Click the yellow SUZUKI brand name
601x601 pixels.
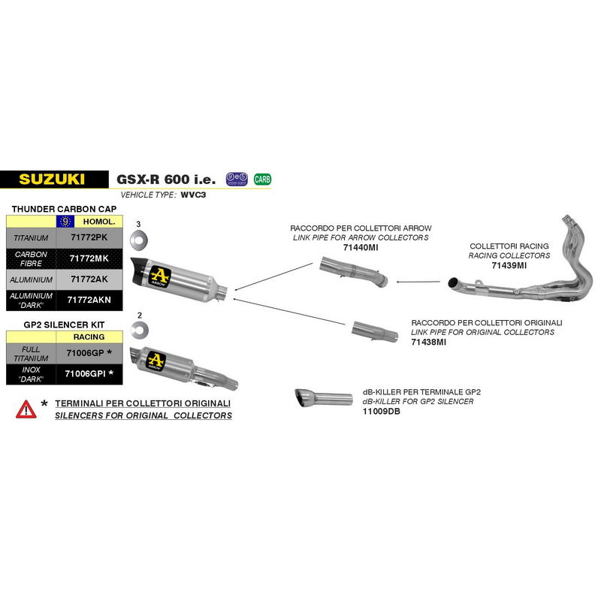pyautogui.click(x=52, y=180)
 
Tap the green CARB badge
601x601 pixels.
pyautogui.click(x=262, y=179)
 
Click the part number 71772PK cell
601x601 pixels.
pyautogui.click(x=89, y=237)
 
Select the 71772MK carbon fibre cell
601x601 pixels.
pyautogui.click(x=89, y=258)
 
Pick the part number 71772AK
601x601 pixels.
pyautogui.click(x=89, y=279)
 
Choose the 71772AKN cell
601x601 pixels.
pyautogui.click(x=89, y=300)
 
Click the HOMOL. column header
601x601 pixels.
pyautogui.click(x=99, y=222)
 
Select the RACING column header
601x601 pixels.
pyautogui.click(x=89, y=337)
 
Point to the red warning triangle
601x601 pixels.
pyautogui.click(x=26, y=409)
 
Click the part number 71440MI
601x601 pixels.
pyautogui.click(x=361, y=248)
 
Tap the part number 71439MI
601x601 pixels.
pyautogui.click(x=509, y=266)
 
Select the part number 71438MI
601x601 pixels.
pyautogui.click(x=428, y=343)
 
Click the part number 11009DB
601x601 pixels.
pyautogui.click(x=382, y=412)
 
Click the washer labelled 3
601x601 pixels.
pyautogui.click(x=139, y=240)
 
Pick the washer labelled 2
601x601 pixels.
pyautogui.click(x=140, y=331)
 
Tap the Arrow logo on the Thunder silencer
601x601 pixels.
pyautogui.click(x=160, y=276)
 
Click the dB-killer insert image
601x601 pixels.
pyautogui.click(x=324, y=398)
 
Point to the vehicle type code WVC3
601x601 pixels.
pyautogui.click(x=193, y=195)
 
